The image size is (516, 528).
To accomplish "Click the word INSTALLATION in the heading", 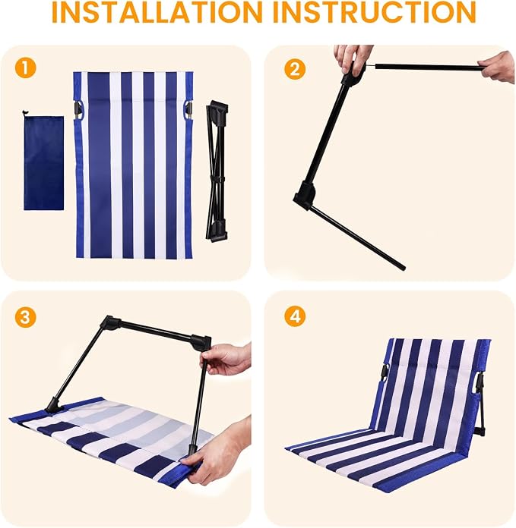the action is tap(157, 12).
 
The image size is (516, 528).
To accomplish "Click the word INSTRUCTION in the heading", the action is tap(374, 12).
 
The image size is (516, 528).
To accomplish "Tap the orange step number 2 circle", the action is tap(295, 69).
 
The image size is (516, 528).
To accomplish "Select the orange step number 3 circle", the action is tap(25, 316).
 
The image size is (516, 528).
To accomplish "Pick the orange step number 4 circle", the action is tap(295, 316).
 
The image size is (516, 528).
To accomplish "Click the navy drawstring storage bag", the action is tap(43, 162).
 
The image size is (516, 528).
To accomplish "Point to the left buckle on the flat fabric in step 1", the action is tap(78, 110).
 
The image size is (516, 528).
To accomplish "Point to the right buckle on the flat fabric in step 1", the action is tap(188, 110).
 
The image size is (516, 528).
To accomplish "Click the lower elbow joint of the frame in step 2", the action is tap(305, 196).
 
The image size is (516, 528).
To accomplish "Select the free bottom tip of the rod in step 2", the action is tap(402, 268).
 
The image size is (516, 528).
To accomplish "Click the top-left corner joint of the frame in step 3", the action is tap(111, 324).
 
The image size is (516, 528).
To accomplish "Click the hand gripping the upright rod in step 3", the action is tap(226, 359).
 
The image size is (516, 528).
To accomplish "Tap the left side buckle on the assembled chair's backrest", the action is tap(385, 375).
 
